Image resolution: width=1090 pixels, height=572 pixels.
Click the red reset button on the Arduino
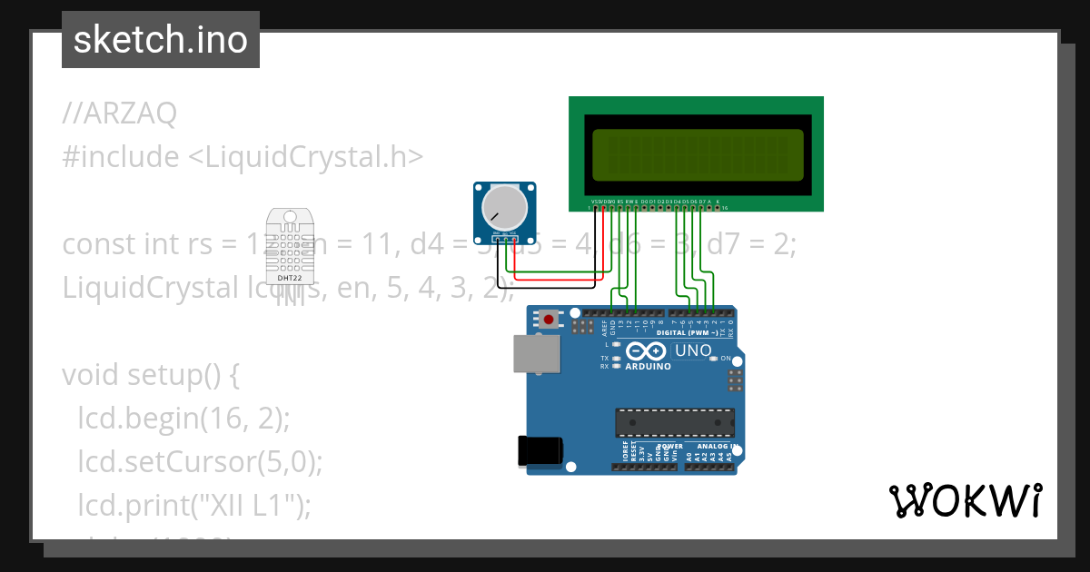coord(549,319)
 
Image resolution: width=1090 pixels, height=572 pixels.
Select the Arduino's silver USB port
coord(536,353)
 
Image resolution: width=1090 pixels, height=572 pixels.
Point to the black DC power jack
coord(539,451)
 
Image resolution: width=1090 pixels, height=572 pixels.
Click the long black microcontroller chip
coord(674,422)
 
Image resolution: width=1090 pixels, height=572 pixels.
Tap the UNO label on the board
coord(694,350)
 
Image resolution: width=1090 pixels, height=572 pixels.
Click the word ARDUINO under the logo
coord(648,367)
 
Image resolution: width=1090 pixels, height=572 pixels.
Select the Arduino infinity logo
coord(646,350)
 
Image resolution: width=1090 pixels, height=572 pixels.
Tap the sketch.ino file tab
coord(161,40)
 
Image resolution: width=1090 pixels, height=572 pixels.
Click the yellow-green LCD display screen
coord(697,154)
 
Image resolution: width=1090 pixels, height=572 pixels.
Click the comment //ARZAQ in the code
coord(120,113)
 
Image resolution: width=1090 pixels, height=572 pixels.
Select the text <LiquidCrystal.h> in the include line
coord(305,157)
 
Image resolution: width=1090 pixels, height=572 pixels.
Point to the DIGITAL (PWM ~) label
coord(691,333)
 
